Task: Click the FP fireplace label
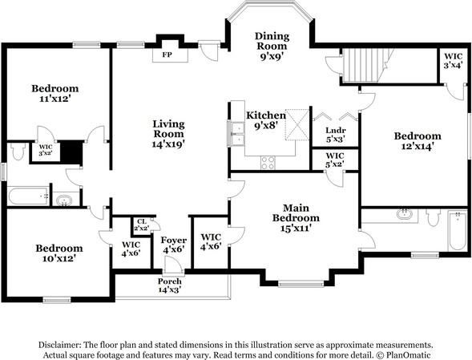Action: coord(167,55)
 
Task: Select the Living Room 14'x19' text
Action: coord(168,134)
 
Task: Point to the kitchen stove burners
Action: coord(268,163)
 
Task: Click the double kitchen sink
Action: coord(236,133)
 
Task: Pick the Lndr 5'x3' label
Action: coord(335,135)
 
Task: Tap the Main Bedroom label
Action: coord(296,217)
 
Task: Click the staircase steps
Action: coord(361,66)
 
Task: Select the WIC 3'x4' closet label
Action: coord(453,61)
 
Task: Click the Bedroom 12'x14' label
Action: coord(418,141)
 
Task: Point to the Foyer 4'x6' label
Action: coord(173,245)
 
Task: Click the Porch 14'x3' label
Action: coord(169,285)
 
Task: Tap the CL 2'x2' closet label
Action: coord(141,225)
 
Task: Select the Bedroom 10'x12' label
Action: coord(59,253)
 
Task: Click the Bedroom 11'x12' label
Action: coord(55,93)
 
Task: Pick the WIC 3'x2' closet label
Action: coord(46,150)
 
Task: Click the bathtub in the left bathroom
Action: coord(28,196)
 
